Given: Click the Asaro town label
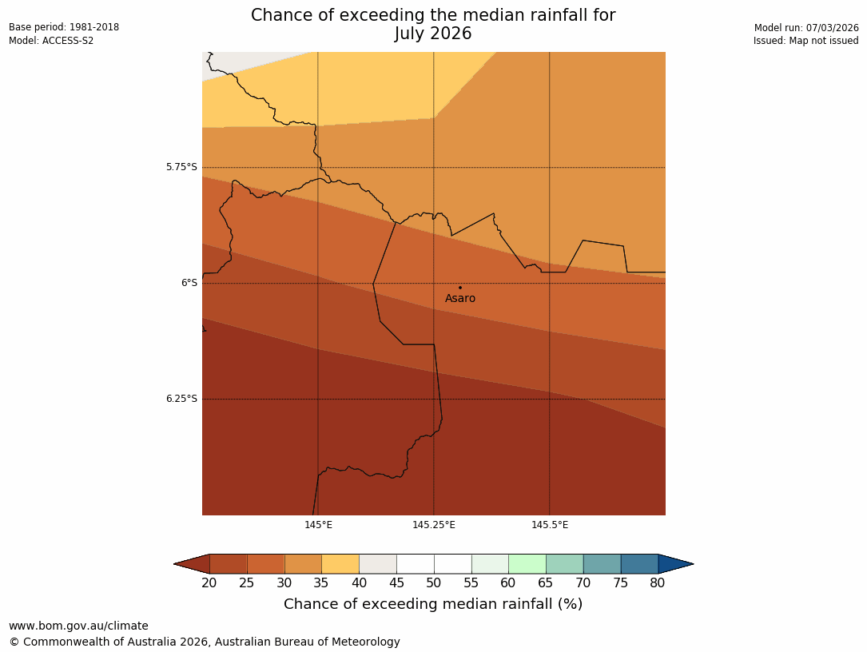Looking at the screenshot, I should pyautogui.click(x=460, y=299).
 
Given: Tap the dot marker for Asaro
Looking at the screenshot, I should pyautogui.click(x=460, y=288).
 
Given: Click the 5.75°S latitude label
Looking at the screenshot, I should pyautogui.click(x=181, y=167).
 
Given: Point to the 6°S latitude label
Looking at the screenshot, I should pyautogui.click(x=189, y=283).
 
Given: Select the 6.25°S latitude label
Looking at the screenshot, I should pyautogui.click(x=181, y=399).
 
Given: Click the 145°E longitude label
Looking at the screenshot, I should pyautogui.click(x=318, y=525).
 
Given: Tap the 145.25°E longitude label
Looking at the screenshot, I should pyautogui.click(x=434, y=525).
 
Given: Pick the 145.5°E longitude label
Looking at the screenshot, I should pyautogui.click(x=550, y=525).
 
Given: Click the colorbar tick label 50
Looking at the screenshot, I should pyautogui.click(x=434, y=583).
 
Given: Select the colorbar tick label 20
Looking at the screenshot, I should pyautogui.click(x=209, y=583).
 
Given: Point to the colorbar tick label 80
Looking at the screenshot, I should pyautogui.click(x=658, y=583).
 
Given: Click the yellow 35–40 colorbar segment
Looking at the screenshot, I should pyautogui.click(x=340, y=564).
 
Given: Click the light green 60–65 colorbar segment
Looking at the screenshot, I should pyautogui.click(x=527, y=564).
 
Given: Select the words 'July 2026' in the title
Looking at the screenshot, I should pyautogui.click(x=433, y=34).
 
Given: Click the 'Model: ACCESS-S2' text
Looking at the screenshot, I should pyautogui.click(x=51, y=41).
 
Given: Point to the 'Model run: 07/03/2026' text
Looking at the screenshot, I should pyautogui.click(x=806, y=28).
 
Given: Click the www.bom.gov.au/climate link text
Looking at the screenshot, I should pyautogui.click(x=78, y=626).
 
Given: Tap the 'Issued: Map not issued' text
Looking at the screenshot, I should pyautogui.click(x=805, y=41).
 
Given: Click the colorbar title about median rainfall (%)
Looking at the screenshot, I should pyautogui.click(x=433, y=604).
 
